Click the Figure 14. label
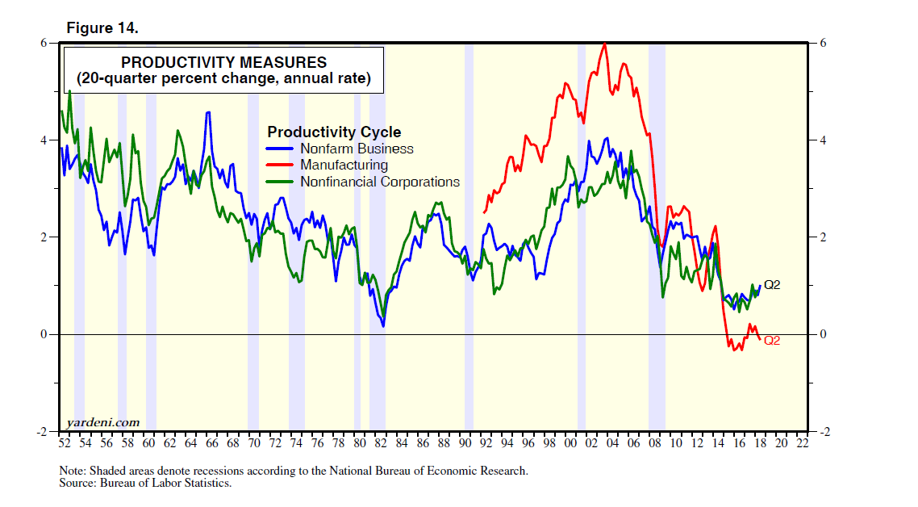coord(102,28)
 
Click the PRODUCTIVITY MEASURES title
coord(223,62)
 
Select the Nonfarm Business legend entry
coord(357,149)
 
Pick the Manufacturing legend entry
coord(344,166)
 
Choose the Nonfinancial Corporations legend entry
coord(380,182)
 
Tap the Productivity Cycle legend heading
coord(334,132)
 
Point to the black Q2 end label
coord(772,285)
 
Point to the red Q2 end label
coord(772,341)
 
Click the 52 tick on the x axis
coord(64,443)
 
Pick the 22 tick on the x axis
coord(803,443)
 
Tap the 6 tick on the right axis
coord(820,43)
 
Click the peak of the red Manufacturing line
coord(604,44)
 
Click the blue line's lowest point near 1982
coord(383,325)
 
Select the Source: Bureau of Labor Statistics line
coord(145,483)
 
